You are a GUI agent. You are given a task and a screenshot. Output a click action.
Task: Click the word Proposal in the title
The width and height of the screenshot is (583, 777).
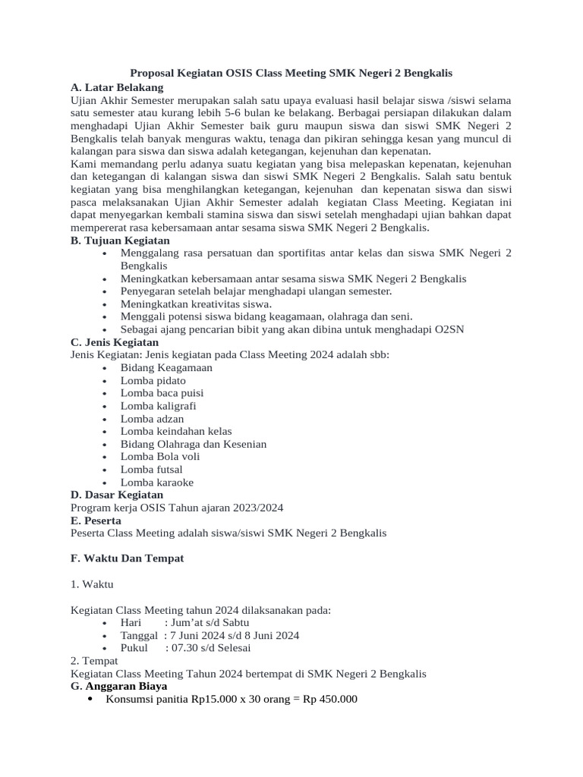click(x=155, y=74)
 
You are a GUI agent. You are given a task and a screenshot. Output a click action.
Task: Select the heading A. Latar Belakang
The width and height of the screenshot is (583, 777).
click(x=116, y=87)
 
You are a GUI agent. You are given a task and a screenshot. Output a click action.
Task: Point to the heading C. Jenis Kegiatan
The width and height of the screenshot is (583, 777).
click(x=114, y=342)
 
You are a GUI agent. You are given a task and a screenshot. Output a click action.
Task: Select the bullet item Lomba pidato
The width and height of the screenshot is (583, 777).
click(x=153, y=380)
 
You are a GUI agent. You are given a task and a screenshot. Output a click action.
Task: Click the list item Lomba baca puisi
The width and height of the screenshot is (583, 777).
click(x=162, y=393)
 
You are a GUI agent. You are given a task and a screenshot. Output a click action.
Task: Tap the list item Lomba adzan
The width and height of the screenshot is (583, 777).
click(x=152, y=419)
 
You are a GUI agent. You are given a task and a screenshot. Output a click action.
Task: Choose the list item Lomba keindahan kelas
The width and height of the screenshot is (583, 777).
click(x=176, y=431)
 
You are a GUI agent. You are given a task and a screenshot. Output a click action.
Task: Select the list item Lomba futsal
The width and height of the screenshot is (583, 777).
click(x=151, y=470)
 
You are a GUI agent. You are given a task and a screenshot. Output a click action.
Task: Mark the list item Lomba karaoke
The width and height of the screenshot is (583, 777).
click(x=156, y=483)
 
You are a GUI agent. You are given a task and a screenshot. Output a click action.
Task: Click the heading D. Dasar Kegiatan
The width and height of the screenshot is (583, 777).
click(x=118, y=495)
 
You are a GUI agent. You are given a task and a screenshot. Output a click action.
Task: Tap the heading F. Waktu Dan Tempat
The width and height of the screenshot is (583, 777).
click(x=127, y=558)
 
